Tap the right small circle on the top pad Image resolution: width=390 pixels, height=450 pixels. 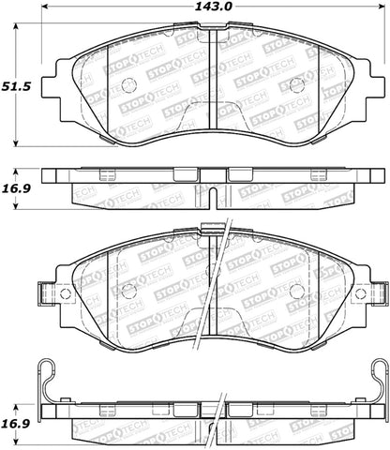(298, 85)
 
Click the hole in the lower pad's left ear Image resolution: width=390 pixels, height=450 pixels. (66, 292)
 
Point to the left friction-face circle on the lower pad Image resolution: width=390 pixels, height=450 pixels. (129, 291)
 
